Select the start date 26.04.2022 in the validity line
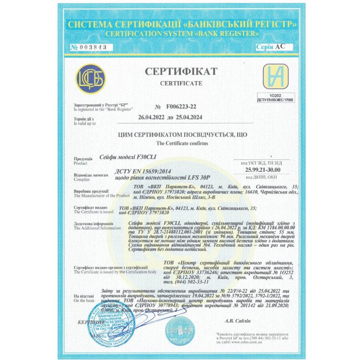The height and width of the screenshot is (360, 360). tap(153, 117)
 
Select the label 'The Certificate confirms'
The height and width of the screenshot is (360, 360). tap(180, 144)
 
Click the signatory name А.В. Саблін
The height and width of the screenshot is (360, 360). tap(239, 320)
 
